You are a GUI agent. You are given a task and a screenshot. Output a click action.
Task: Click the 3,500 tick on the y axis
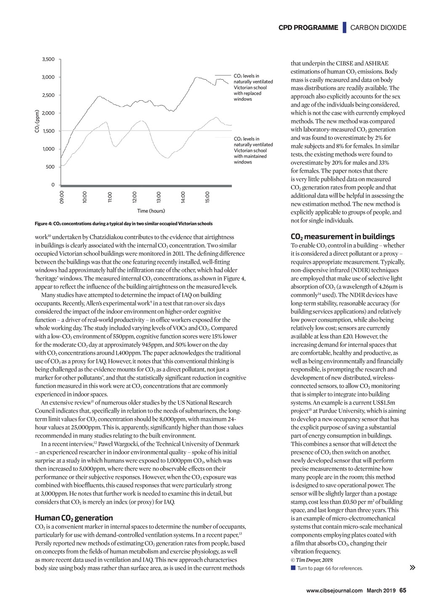coord(48,59)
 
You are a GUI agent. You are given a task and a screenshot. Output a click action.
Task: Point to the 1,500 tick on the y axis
coord(48,131)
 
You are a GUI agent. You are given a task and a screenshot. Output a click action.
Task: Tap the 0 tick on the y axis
coord(53,185)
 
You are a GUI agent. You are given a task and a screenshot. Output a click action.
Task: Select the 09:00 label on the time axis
coord(62,197)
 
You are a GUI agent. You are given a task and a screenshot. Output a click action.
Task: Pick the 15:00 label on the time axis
coord(208,197)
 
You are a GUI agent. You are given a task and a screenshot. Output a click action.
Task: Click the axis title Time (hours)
coord(151,211)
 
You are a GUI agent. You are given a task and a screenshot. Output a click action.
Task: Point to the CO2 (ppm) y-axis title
coord(37,121)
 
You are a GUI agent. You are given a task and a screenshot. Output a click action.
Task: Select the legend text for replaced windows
coord(253,88)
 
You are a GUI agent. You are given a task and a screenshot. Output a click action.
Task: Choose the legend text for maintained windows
coord(253,150)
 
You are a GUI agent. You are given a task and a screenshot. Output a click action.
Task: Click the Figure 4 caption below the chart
coord(124,224)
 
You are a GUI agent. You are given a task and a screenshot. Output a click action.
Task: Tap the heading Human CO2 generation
coord(74,518)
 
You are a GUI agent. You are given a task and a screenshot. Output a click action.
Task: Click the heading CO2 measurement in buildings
coord(343,236)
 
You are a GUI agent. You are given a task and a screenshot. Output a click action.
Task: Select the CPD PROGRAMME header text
coord(308,28)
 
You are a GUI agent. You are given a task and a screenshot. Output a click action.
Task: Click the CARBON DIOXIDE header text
coord(378,28)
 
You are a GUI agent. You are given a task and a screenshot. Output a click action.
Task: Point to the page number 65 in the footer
coord(403,590)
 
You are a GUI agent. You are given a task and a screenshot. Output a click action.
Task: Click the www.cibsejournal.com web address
coord(334,591)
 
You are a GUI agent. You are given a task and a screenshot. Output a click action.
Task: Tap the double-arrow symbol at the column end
coord(412,568)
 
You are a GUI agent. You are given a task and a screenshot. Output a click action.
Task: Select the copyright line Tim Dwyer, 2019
coord(312,560)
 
